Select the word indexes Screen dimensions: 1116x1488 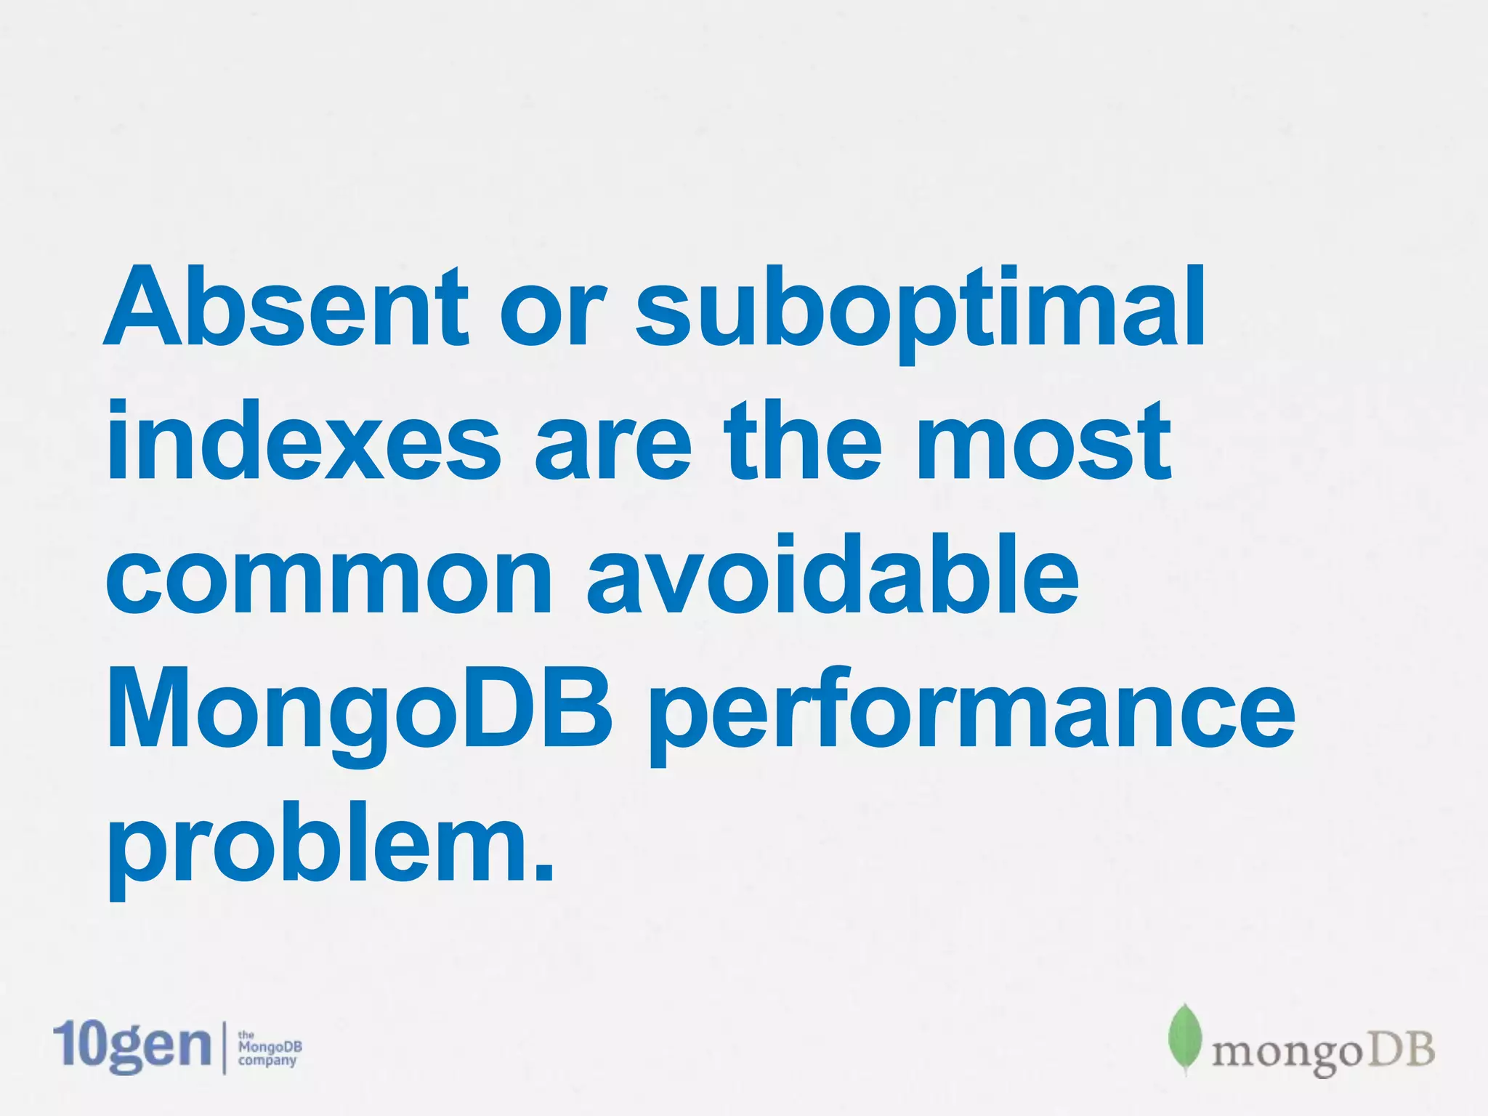[x=304, y=441]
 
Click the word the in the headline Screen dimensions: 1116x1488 [x=803, y=441]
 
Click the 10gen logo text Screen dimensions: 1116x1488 [x=132, y=1046]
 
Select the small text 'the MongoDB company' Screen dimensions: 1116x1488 [x=270, y=1048]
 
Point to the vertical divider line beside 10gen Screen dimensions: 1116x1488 [x=224, y=1047]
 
